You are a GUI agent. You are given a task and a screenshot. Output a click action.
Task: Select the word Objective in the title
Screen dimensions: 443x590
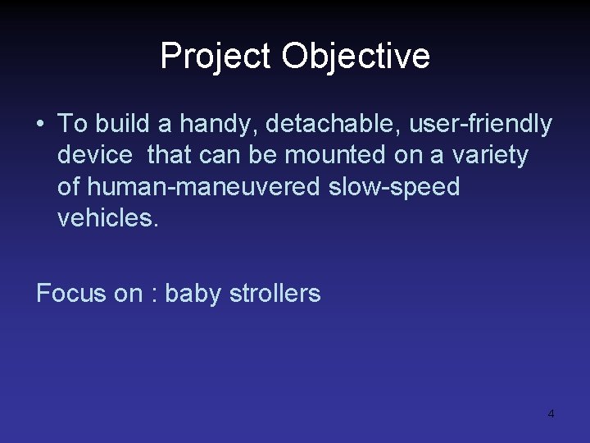tap(356, 56)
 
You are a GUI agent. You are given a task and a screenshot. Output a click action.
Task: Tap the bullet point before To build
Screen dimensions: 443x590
tap(40, 124)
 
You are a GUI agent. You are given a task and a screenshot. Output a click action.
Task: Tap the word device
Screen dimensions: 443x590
tap(94, 154)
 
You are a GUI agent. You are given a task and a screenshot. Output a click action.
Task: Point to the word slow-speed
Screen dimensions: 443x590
tap(394, 187)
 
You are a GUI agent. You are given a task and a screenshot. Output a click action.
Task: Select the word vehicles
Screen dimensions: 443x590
tap(107, 217)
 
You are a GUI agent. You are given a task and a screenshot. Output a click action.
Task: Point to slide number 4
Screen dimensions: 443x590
tap(551, 413)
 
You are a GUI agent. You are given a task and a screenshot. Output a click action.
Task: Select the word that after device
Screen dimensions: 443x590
tap(168, 154)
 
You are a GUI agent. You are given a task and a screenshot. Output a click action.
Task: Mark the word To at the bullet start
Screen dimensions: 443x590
tap(72, 124)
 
